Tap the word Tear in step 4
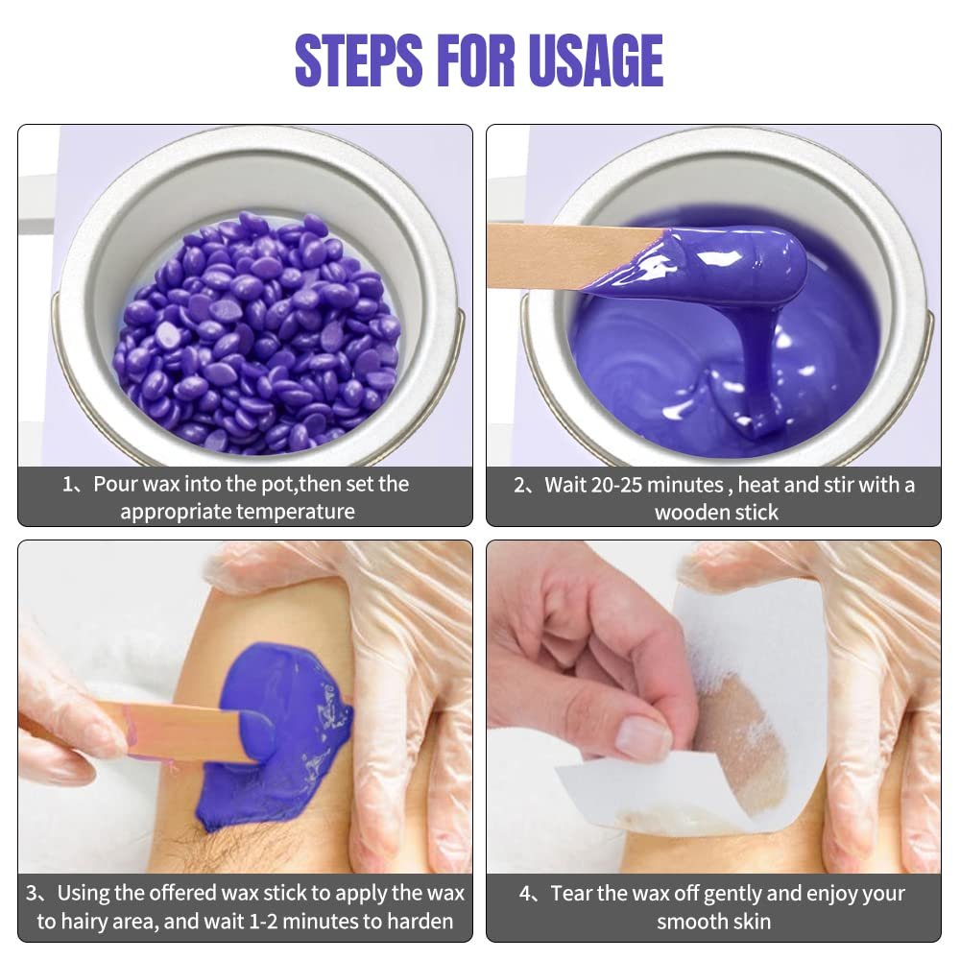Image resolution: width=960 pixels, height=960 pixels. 571,893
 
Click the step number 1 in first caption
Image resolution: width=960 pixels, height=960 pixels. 67,484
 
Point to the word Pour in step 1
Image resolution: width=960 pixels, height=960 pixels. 115,484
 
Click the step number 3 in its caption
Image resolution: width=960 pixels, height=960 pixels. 32,893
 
